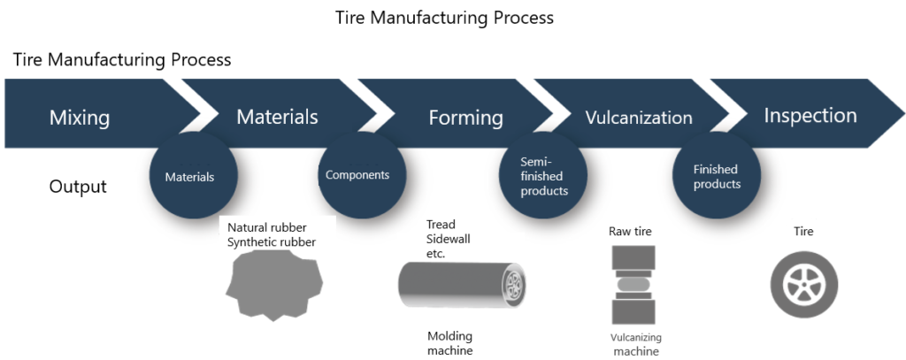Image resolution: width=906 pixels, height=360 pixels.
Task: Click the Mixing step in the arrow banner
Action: (x=80, y=117)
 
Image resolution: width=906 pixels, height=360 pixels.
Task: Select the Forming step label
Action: (x=465, y=118)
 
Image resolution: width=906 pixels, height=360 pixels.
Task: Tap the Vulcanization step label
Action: (x=639, y=117)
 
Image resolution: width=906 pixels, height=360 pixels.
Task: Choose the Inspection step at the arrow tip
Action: (x=810, y=116)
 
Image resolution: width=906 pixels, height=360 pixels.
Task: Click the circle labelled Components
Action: (x=357, y=175)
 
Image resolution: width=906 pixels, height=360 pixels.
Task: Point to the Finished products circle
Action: (x=716, y=177)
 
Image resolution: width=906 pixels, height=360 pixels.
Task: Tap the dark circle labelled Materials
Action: (x=189, y=177)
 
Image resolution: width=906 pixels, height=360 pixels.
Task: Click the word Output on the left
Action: (x=78, y=187)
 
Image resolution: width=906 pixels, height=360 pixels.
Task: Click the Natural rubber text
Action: (x=267, y=228)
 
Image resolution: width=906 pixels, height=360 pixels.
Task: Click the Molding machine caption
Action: (x=450, y=343)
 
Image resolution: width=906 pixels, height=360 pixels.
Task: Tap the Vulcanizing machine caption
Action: (x=635, y=344)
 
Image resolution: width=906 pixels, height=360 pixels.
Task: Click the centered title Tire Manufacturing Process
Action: (x=444, y=18)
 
